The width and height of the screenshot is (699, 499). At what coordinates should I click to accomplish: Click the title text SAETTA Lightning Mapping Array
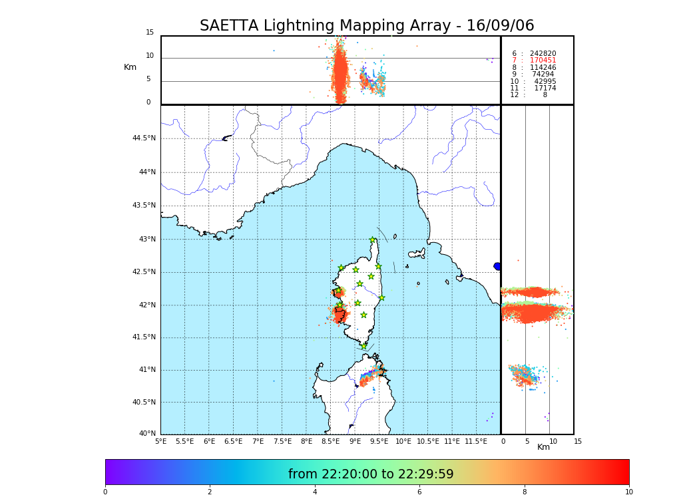367,26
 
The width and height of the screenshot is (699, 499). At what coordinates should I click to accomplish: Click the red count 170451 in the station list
543,61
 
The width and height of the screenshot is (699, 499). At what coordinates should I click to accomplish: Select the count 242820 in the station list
543,53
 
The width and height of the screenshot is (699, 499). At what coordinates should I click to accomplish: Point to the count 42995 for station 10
545,81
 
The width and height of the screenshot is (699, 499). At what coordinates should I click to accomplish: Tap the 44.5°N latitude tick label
144,138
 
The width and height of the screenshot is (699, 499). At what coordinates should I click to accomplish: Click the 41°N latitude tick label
146,370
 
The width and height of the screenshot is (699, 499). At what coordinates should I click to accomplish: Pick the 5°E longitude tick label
160,441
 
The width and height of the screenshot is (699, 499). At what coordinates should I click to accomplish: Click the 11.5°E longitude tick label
476,441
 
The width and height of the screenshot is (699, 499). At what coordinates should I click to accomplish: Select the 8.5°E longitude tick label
330,441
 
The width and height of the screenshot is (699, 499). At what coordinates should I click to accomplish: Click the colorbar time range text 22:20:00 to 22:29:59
371,474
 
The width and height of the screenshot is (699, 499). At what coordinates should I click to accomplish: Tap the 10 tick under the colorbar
628,492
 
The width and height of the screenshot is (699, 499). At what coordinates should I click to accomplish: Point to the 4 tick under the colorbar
315,492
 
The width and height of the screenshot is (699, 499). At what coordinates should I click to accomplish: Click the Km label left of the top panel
130,67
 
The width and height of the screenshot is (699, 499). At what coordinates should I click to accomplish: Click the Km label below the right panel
544,447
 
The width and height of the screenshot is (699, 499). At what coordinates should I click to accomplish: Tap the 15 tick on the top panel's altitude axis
150,33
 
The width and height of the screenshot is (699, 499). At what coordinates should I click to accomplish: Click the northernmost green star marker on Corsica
373,240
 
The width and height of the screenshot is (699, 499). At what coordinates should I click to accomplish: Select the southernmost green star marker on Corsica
363,346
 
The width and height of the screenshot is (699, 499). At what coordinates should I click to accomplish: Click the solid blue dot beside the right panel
497,266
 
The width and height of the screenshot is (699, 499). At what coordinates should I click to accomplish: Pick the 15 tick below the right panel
578,441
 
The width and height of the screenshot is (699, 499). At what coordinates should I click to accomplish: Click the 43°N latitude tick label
146,240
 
